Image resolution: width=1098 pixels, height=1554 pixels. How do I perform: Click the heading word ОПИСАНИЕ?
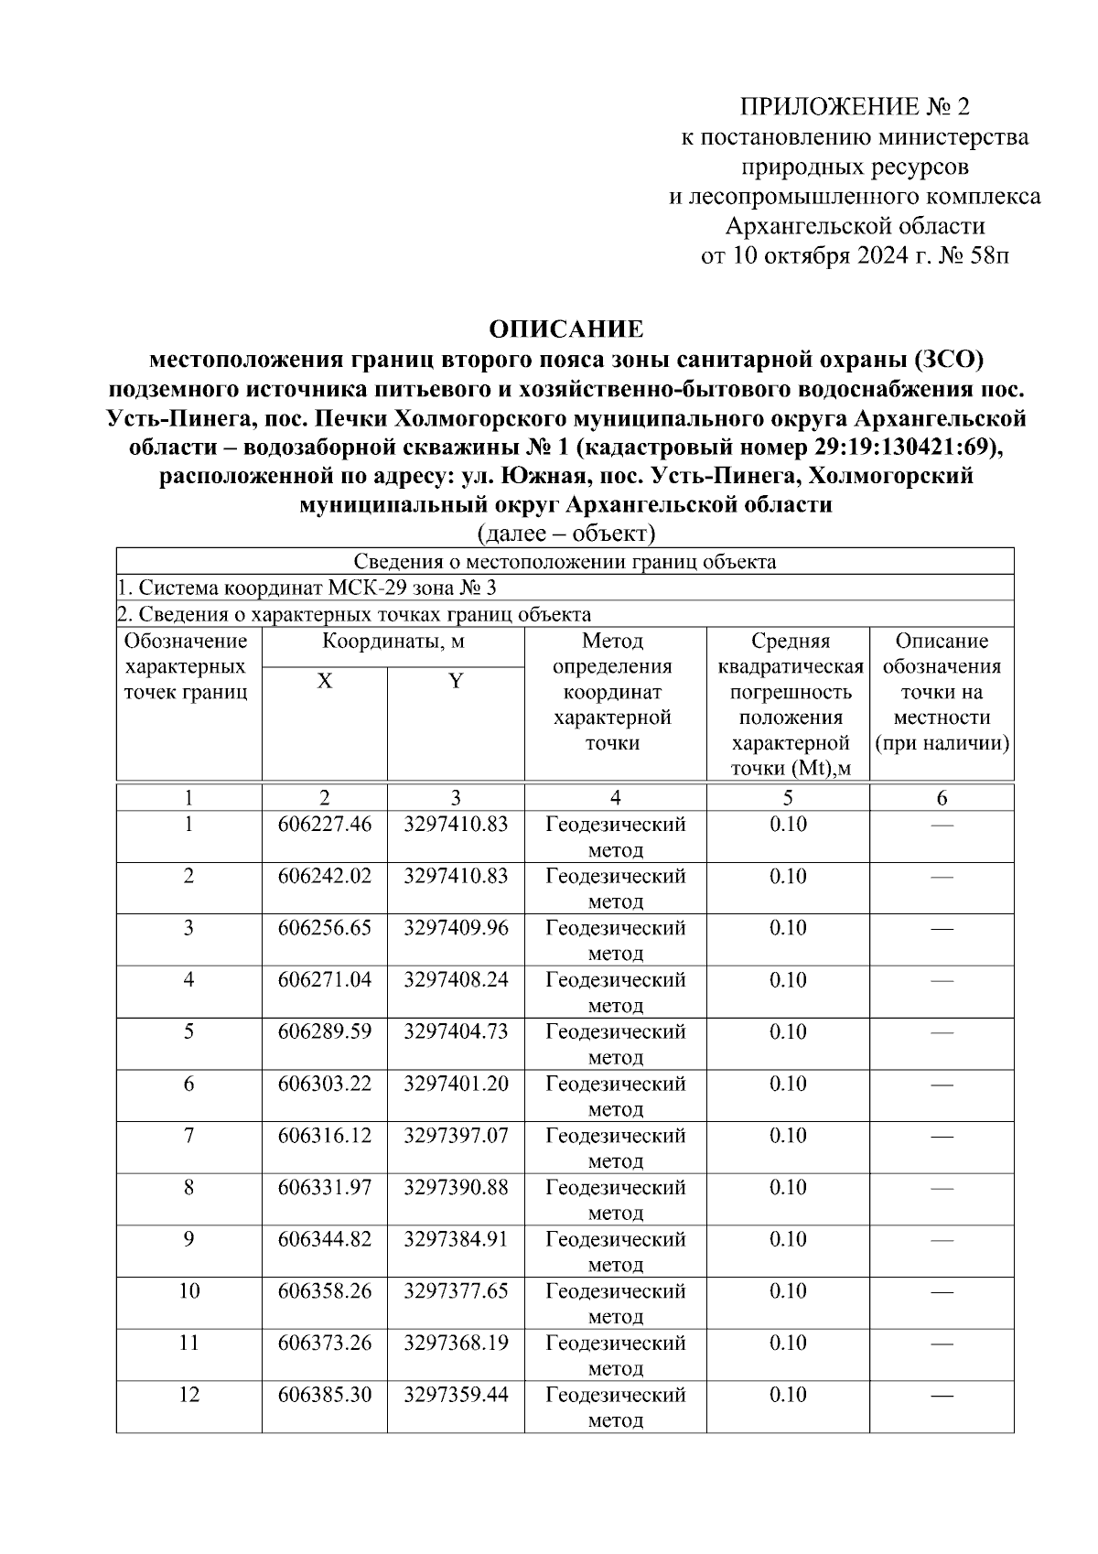pyautogui.click(x=565, y=329)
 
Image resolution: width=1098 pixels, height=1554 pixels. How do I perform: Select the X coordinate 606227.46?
pyautogui.click(x=325, y=825)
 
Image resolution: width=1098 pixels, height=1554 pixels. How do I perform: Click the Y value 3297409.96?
pyautogui.click(x=456, y=928)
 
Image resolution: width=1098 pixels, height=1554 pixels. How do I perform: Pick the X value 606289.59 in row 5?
pyautogui.click(x=325, y=1032)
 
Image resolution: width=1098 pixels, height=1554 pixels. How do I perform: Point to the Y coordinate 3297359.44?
pyautogui.click(x=456, y=1396)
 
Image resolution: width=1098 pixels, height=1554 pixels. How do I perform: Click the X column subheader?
pyautogui.click(x=325, y=681)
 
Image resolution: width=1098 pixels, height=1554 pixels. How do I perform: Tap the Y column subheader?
pyautogui.click(x=456, y=681)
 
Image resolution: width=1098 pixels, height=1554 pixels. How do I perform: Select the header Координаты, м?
pyautogui.click(x=393, y=642)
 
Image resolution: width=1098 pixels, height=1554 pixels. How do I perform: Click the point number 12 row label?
pyautogui.click(x=188, y=1396)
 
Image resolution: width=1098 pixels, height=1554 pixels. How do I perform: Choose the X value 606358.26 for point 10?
pyautogui.click(x=325, y=1291)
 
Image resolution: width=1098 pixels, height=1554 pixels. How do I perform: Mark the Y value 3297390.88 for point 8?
pyautogui.click(x=456, y=1188)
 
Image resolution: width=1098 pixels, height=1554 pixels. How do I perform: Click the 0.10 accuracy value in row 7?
pyautogui.click(x=788, y=1136)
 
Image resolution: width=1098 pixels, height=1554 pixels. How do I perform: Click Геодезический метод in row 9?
pyautogui.click(x=615, y=1252)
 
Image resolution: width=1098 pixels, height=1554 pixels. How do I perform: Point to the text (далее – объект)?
pyautogui.click(x=565, y=533)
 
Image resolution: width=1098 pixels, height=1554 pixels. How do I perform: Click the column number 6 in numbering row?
pyautogui.click(x=942, y=797)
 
